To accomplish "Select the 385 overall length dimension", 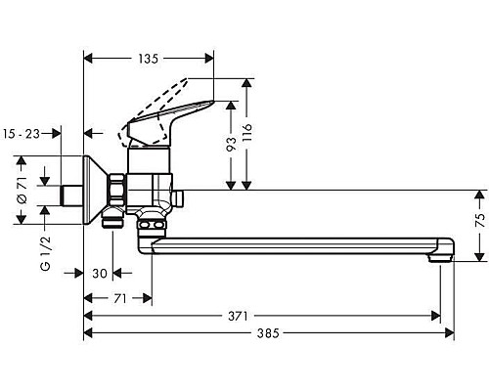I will tap(268, 333).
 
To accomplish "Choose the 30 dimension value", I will tap(99, 274).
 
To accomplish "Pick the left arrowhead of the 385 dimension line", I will tap(89, 333).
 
